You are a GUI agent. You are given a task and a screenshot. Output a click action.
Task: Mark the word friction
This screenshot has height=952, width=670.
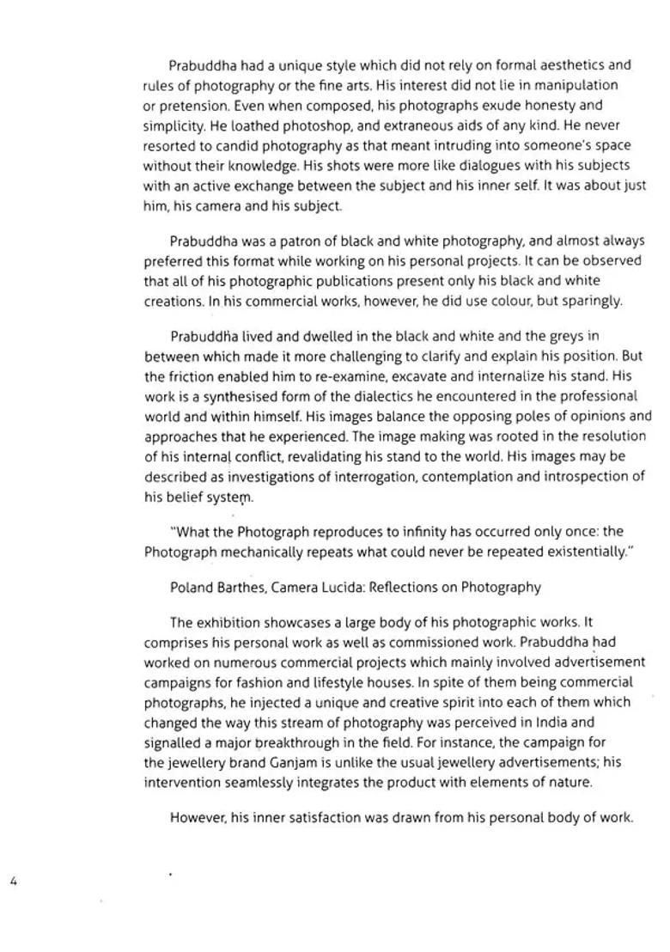193,376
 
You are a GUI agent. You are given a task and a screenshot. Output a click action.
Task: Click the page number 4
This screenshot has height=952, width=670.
14,881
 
